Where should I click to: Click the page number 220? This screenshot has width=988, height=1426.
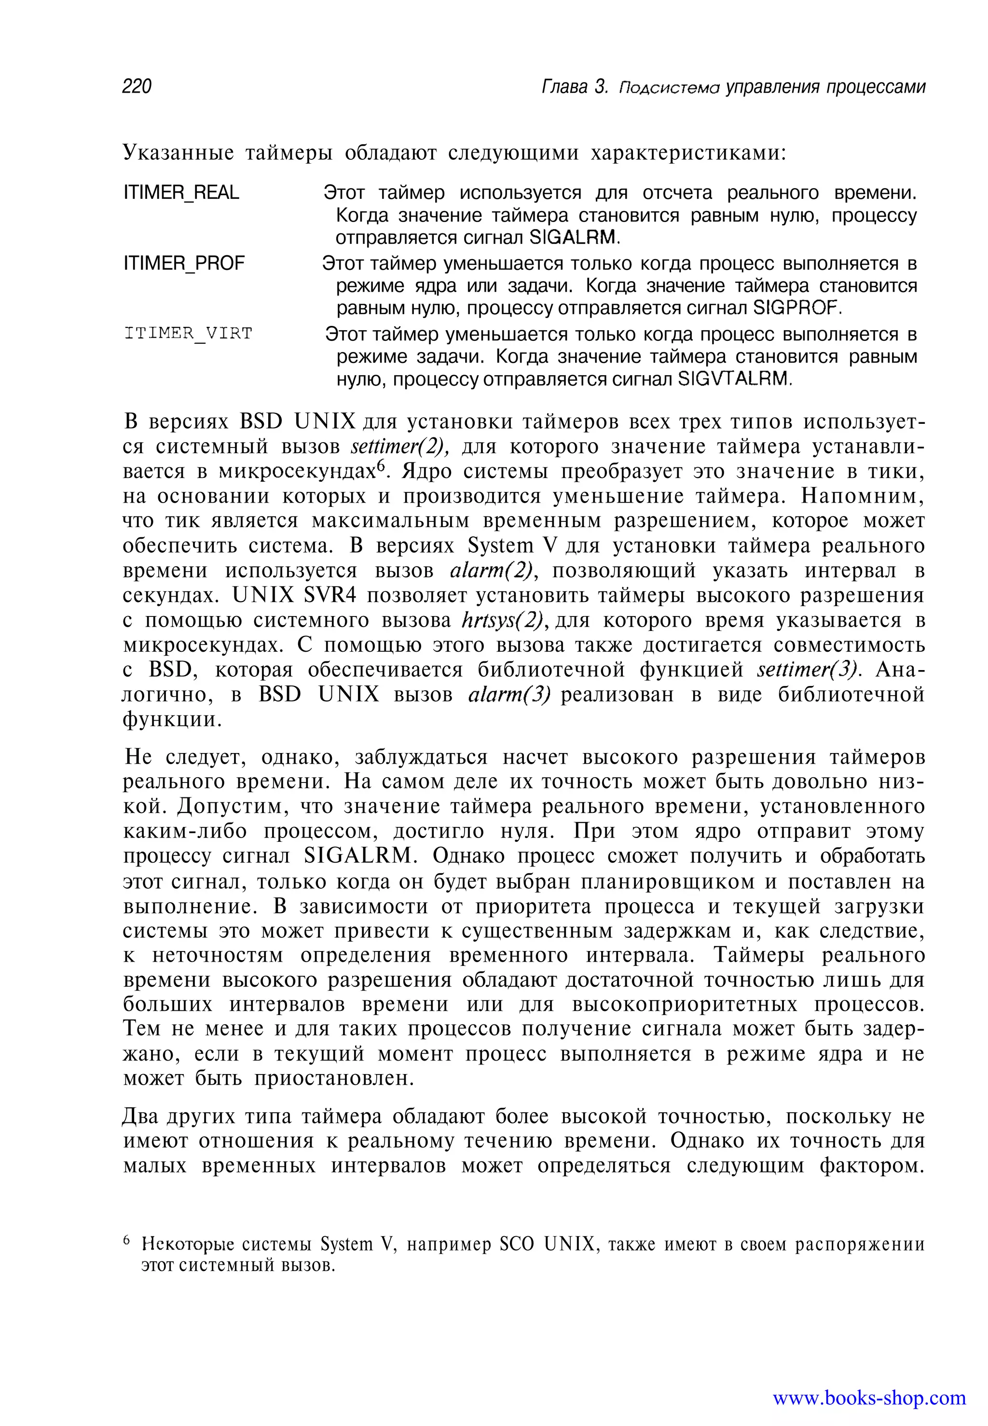click(x=137, y=86)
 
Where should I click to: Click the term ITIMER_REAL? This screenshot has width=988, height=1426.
click(x=181, y=193)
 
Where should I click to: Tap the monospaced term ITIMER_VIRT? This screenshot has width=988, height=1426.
click(x=188, y=334)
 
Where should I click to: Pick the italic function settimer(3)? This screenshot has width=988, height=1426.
click(x=809, y=670)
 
